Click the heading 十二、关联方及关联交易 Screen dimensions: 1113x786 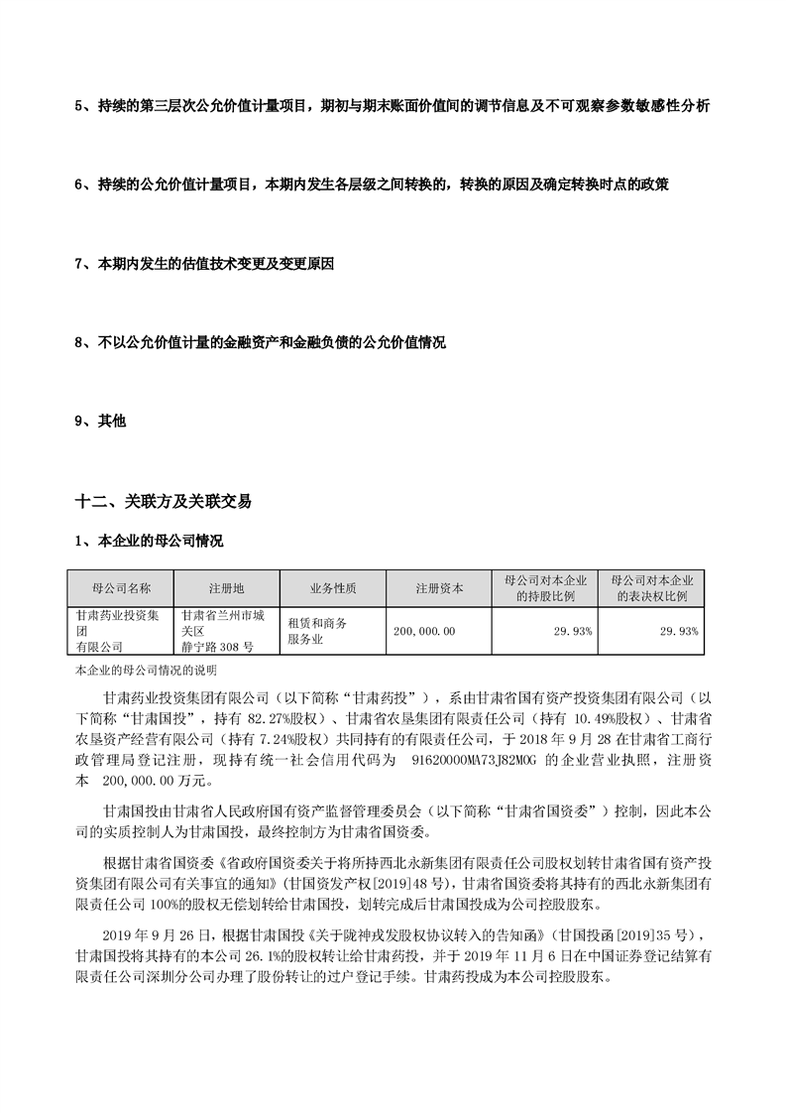coord(163,502)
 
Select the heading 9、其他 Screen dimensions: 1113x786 coord(100,422)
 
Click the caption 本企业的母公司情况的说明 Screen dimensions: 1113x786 coord(139,672)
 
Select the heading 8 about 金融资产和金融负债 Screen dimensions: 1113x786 coord(260,343)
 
